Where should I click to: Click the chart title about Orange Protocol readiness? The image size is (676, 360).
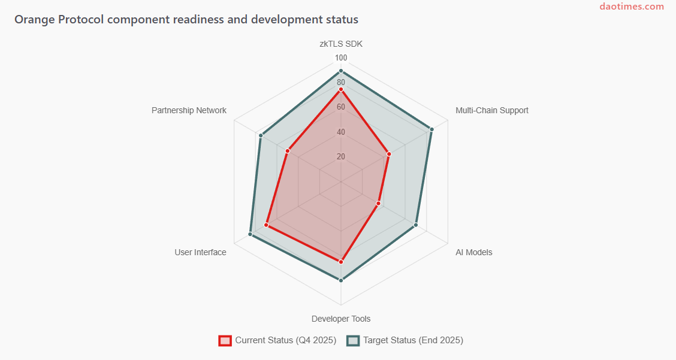coord(186,19)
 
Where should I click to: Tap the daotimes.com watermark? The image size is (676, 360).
coord(632,7)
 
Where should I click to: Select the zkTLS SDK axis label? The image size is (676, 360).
coord(341,44)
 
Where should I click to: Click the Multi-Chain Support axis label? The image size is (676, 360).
coord(491,110)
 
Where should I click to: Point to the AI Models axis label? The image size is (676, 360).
coord(473,252)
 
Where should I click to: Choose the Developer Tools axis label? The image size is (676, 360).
coord(341,319)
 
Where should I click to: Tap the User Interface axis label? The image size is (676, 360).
coord(200,252)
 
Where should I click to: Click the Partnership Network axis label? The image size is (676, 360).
coord(189,110)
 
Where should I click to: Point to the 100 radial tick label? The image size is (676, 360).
coord(341,58)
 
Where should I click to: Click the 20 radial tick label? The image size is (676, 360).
coord(341,157)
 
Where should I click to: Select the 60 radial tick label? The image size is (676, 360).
coord(341,107)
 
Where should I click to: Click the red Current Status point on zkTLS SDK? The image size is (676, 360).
coord(341,89)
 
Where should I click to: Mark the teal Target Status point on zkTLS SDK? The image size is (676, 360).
coord(341,71)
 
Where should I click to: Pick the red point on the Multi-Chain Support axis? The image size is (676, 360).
coord(389,154)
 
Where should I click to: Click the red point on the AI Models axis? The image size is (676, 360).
coord(378,204)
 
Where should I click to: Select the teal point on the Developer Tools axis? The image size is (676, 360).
coord(341,280)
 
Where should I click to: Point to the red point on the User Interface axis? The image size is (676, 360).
coord(266,225)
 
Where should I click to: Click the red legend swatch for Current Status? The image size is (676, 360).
coord(225,340)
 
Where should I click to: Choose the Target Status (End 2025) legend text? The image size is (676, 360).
coord(413,340)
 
